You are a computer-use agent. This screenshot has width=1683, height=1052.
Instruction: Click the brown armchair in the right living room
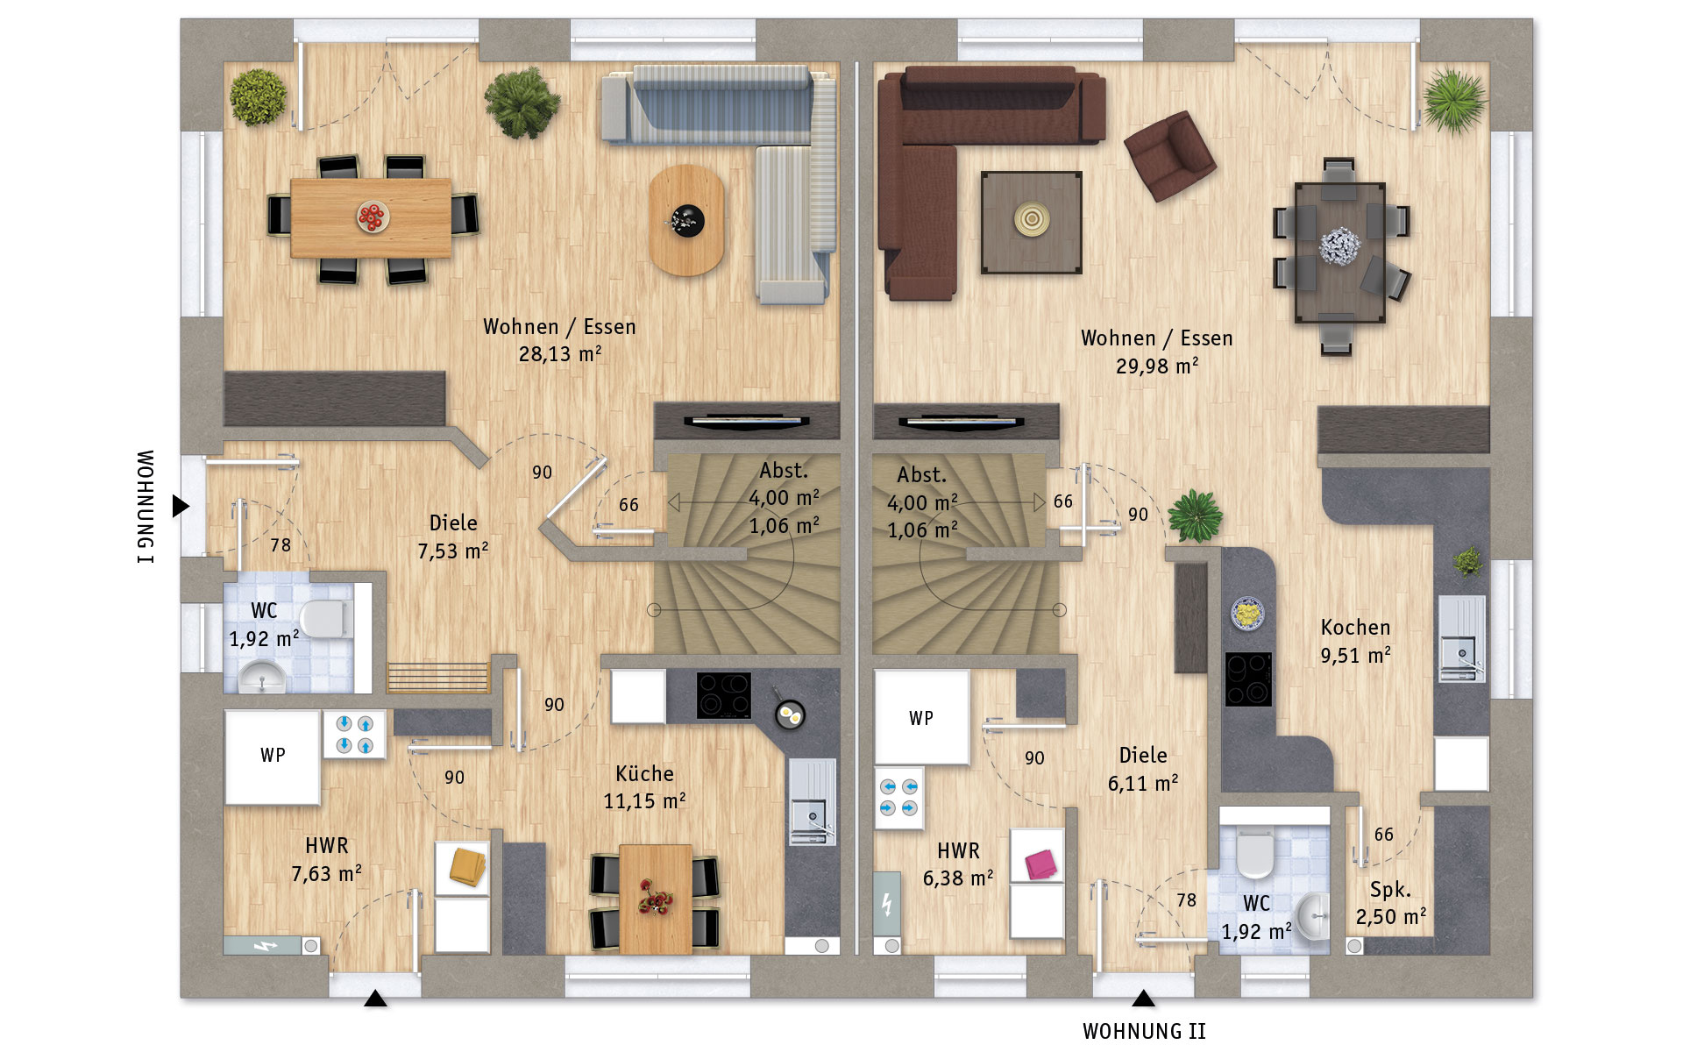[1169, 155]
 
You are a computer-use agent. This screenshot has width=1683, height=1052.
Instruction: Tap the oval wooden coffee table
[686, 220]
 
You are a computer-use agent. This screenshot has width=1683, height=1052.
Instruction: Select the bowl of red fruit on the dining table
[373, 216]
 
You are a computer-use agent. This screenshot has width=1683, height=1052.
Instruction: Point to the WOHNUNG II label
[1144, 1032]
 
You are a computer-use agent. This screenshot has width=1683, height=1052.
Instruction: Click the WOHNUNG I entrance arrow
[181, 506]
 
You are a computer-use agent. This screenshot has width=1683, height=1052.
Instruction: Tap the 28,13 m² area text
[560, 354]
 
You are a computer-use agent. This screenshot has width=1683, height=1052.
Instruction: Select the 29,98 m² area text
[1157, 366]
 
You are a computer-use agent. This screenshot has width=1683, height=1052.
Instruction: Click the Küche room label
[644, 773]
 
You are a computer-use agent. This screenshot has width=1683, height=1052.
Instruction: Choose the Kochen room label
[1355, 628]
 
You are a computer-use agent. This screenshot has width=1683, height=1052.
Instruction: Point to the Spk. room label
[1390, 890]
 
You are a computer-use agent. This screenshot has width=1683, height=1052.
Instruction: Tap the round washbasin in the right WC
[1312, 917]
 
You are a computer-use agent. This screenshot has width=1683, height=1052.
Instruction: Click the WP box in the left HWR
[273, 757]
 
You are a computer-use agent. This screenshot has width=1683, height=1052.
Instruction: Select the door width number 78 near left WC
[280, 545]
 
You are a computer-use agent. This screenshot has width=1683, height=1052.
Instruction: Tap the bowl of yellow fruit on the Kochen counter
[1246, 613]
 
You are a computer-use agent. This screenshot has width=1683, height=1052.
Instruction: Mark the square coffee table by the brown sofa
[1031, 223]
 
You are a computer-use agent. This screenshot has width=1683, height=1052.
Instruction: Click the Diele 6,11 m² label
[1143, 769]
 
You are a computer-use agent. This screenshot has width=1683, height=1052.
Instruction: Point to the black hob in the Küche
[724, 695]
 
